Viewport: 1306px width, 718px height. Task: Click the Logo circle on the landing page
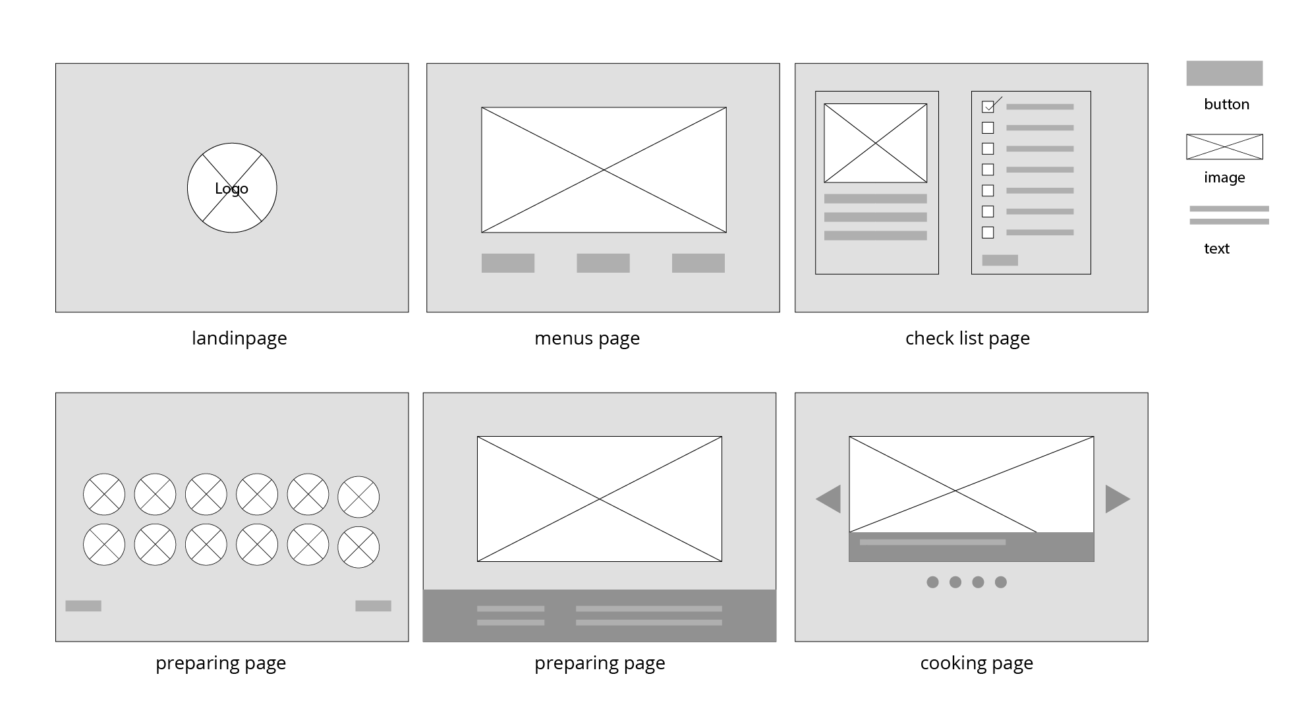pos(232,188)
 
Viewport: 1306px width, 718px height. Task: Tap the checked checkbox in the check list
pos(988,107)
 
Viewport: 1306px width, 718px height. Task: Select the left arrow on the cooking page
pos(830,499)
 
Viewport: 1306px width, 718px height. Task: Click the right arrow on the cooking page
pos(1117,499)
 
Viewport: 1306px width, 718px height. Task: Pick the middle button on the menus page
pos(603,263)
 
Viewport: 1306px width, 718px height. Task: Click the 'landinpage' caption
pos(239,339)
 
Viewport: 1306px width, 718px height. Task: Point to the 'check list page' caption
pos(967,339)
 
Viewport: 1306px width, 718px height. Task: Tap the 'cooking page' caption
pos(977,663)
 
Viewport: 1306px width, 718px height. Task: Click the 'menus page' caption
pos(587,339)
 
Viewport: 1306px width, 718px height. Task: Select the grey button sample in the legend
pos(1224,73)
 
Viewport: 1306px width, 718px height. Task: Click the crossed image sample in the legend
pos(1224,147)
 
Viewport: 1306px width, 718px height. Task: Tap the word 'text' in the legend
pos(1216,249)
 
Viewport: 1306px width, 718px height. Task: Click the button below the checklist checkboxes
pos(1000,260)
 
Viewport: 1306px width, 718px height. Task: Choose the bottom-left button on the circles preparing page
pos(83,606)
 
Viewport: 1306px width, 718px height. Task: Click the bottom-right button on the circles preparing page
pos(373,606)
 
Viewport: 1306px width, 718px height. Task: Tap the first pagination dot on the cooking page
pos(932,582)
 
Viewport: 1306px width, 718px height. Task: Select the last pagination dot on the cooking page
pos(1001,582)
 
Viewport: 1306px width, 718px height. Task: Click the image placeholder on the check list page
pos(875,143)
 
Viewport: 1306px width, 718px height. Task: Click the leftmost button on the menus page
pos(508,263)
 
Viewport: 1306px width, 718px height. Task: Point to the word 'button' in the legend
pos(1226,105)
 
